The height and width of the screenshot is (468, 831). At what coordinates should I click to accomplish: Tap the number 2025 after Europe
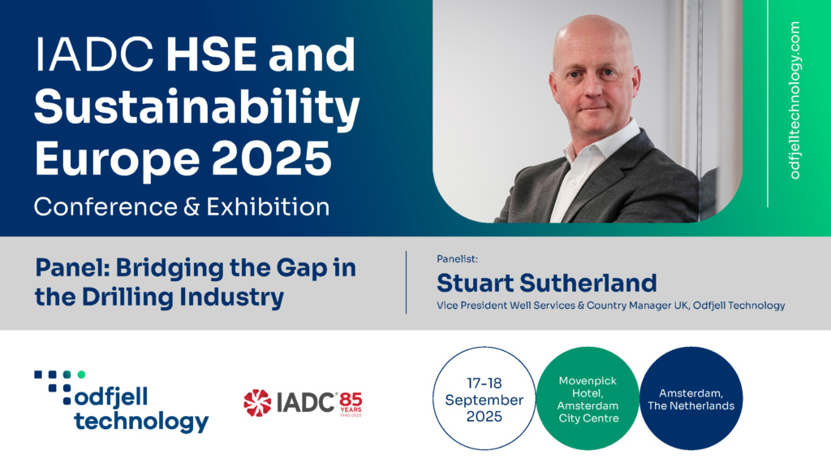(x=271, y=158)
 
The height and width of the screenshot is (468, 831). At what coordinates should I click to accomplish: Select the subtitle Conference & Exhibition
(x=182, y=207)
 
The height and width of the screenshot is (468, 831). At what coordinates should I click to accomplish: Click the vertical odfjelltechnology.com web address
(x=795, y=100)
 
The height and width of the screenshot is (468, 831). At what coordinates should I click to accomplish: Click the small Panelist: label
(x=457, y=259)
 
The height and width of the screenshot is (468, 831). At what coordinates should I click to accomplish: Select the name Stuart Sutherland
(x=546, y=283)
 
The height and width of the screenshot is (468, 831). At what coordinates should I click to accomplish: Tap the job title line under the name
(x=610, y=305)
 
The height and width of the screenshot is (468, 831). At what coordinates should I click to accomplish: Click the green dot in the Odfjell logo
(x=81, y=375)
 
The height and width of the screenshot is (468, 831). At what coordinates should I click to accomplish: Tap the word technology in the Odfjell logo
(x=141, y=422)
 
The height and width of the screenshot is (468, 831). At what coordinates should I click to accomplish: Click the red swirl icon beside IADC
(x=257, y=403)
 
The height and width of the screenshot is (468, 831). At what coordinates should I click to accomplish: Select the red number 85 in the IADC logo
(x=351, y=399)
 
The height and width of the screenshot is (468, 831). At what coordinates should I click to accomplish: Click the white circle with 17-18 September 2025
(x=484, y=398)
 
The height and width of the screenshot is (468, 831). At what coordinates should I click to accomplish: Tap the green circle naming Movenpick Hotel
(x=588, y=398)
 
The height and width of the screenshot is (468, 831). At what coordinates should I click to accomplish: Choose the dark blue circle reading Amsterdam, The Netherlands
(x=691, y=398)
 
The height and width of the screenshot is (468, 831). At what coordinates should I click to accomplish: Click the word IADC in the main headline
(x=94, y=54)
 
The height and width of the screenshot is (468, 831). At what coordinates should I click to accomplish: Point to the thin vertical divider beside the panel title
(x=406, y=282)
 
